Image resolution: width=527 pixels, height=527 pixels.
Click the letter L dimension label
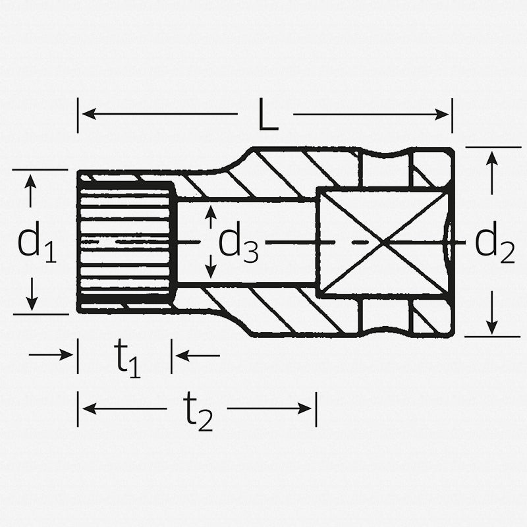265,116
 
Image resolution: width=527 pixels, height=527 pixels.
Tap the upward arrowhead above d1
30,180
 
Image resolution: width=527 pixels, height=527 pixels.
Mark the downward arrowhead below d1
30,304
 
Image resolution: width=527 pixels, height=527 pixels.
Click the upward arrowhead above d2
491,157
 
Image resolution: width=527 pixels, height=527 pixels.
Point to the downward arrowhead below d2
491,327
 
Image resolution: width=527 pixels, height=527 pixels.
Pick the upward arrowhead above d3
210,211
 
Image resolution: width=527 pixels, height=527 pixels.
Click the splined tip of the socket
125,242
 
